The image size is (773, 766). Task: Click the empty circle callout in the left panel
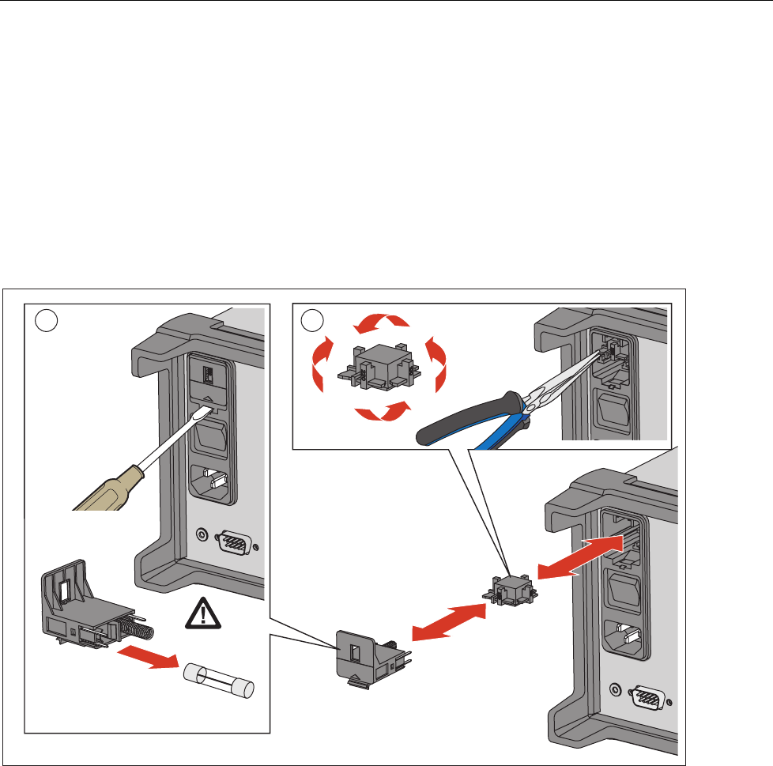pyautogui.click(x=47, y=319)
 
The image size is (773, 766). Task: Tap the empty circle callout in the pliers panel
pyautogui.click(x=314, y=319)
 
